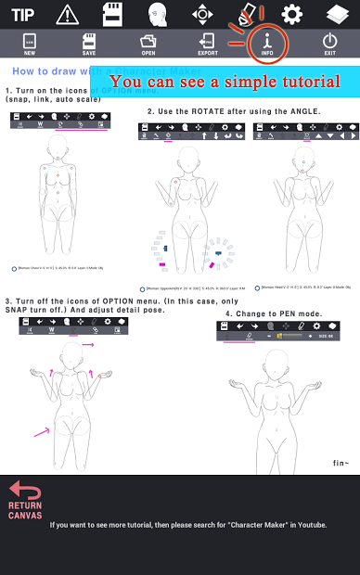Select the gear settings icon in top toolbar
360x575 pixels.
click(292, 14)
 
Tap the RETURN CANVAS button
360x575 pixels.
click(25, 501)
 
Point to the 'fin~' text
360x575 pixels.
click(340, 462)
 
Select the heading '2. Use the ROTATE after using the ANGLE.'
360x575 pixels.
click(233, 111)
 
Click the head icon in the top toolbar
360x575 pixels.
click(157, 14)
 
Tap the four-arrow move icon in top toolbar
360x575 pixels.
click(202, 14)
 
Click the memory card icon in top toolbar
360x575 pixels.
click(112, 14)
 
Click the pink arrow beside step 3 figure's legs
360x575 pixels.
click(43, 429)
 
